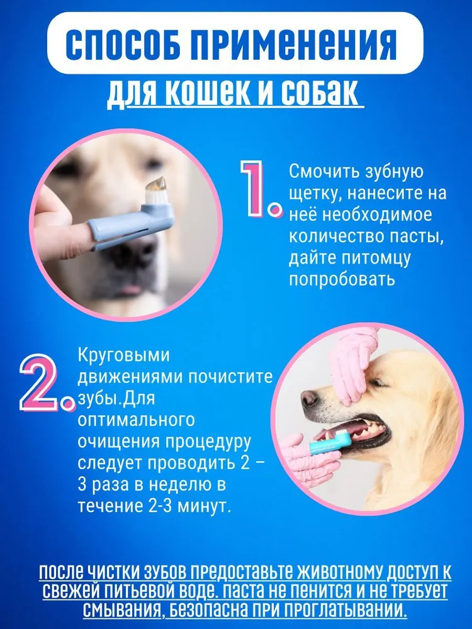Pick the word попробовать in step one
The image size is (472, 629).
pyautogui.click(x=342, y=280)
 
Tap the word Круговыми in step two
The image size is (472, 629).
pyautogui.click(x=123, y=355)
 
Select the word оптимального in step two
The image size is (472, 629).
pyautogui.click(x=136, y=420)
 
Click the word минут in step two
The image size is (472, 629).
pyautogui.click(x=204, y=506)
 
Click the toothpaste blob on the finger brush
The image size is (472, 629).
pyautogui.click(x=155, y=185)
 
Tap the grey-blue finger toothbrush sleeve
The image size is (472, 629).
pyautogui.click(x=131, y=224)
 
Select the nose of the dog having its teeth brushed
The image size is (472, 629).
pyautogui.click(x=308, y=398)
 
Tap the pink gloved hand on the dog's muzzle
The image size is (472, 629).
pyautogui.click(x=353, y=363)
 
